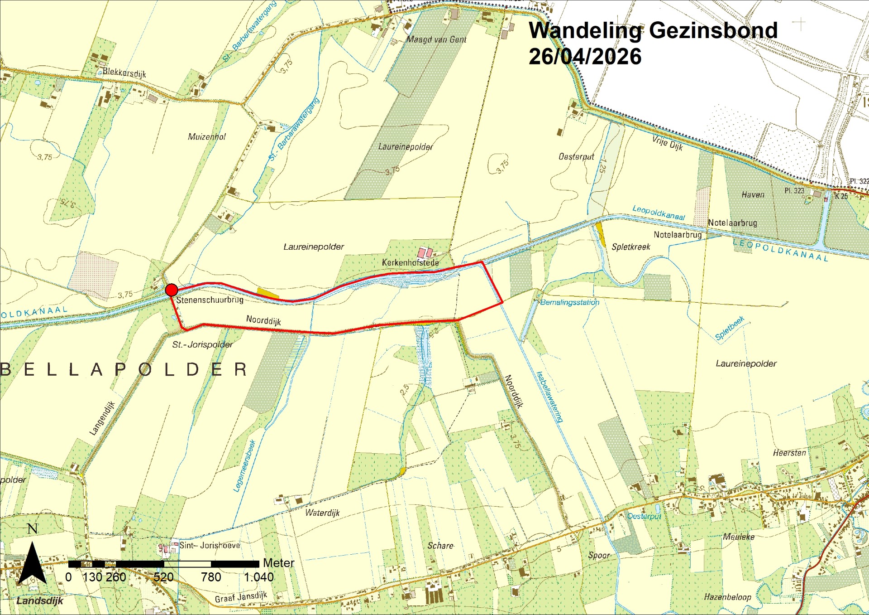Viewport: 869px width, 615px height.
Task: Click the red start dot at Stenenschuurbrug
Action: [171, 290]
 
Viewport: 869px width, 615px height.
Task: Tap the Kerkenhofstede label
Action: [410, 262]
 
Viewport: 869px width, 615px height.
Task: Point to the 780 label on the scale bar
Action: [211, 577]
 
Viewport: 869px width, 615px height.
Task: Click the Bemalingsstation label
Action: [569, 302]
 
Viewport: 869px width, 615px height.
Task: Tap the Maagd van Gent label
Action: [436, 39]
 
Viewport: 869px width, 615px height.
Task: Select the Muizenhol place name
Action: [206, 136]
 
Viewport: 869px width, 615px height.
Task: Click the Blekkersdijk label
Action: [124, 73]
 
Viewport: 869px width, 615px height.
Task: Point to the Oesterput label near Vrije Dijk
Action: [576, 157]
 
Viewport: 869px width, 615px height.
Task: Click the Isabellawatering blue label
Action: [549, 397]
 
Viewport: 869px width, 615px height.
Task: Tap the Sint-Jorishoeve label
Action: [210, 545]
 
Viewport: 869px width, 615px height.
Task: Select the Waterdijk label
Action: [322, 513]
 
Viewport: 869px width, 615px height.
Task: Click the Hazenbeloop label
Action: [727, 597]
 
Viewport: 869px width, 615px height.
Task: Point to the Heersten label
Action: [789, 453]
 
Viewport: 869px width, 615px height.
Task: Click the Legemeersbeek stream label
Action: [244, 466]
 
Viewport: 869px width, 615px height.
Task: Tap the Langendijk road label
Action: [102, 418]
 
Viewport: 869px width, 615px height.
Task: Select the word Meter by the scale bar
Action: [278, 563]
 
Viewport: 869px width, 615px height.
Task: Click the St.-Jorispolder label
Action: [202, 344]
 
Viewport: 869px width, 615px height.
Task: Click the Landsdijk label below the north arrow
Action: [40, 600]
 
